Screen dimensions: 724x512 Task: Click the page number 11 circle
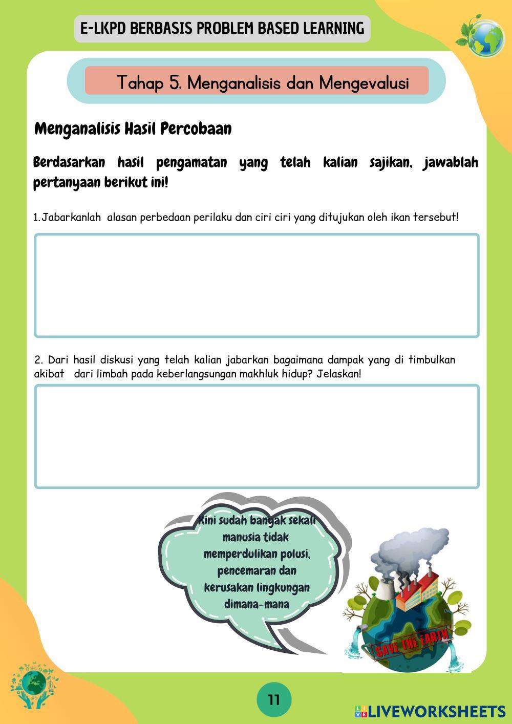274,699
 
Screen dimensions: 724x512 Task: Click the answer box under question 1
257,285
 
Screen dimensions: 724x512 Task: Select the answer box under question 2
257,436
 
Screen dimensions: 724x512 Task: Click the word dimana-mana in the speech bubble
257,604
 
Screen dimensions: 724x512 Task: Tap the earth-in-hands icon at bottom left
34,686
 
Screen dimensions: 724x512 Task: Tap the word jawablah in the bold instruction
451,163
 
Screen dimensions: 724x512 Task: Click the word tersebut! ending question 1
436,217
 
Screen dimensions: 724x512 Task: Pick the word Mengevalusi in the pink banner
364,82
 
